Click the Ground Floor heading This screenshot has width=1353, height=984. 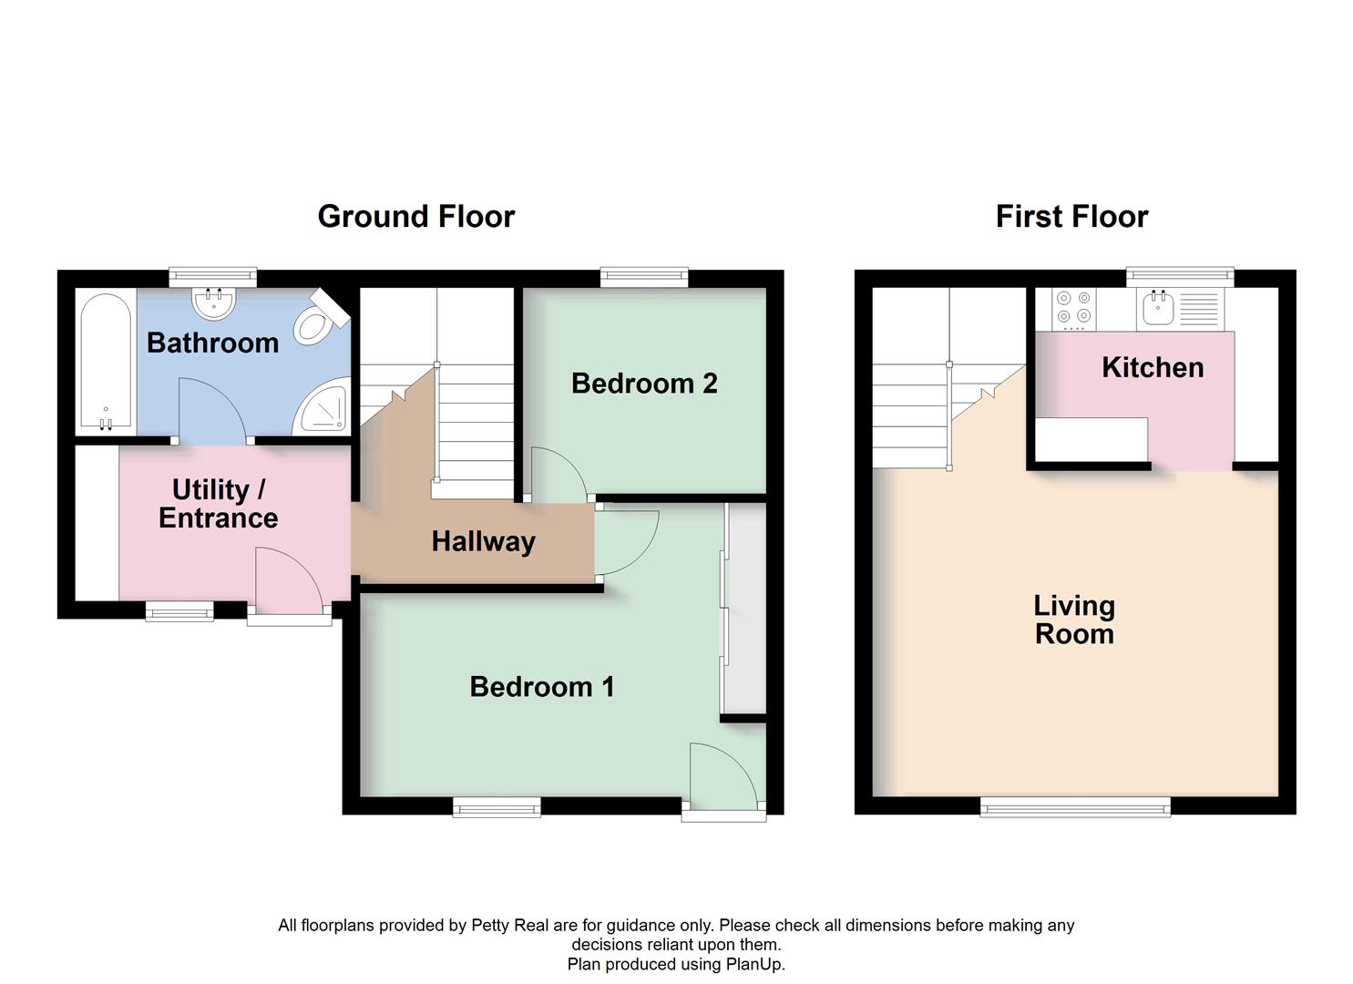coord(415,217)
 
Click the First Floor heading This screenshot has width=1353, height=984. coord(1071,217)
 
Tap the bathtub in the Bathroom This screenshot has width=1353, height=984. coord(106,362)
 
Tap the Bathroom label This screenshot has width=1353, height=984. coord(212,343)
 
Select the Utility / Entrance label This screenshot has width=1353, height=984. coord(218,504)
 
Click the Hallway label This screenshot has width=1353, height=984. coord(483,541)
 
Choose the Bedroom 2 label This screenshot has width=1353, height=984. coord(644,384)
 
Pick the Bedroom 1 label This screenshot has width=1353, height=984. coord(541,686)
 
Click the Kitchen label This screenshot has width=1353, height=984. coord(1153,367)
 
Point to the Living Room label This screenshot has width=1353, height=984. coord(1074,620)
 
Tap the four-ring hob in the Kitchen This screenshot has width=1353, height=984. coord(1074,309)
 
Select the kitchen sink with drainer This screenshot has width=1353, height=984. coord(1181,309)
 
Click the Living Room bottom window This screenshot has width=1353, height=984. coord(1075,805)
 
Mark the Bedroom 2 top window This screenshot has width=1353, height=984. coord(644,277)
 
